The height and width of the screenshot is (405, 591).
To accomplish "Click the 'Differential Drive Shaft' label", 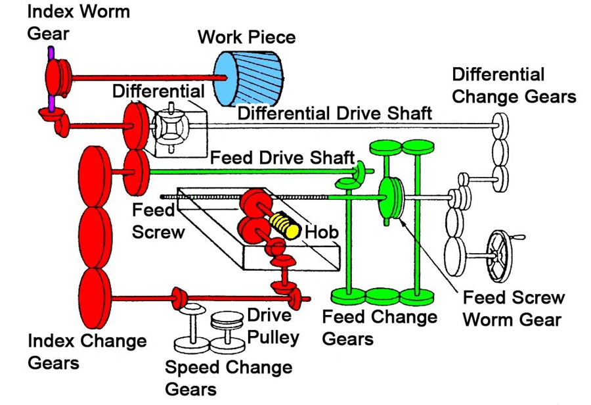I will (x=334, y=112).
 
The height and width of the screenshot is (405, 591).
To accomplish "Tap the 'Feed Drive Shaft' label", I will (x=282, y=158).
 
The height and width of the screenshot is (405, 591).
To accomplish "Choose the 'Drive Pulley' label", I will (x=273, y=326).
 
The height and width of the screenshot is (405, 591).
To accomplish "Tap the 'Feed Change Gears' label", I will (x=380, y=327).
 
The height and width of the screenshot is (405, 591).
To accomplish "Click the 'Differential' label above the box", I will (x=158, y=91).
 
